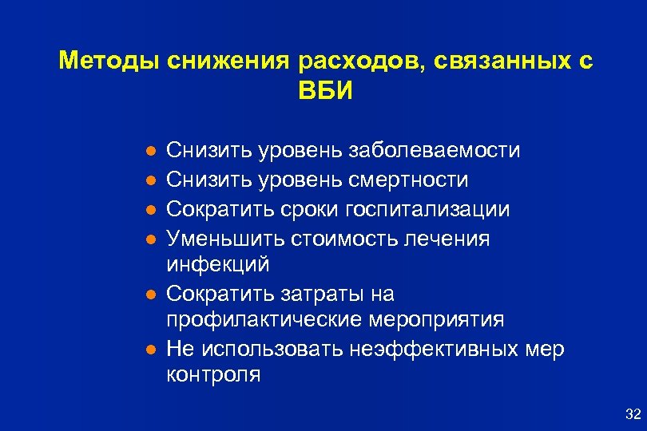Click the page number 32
click(633, 413)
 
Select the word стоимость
click(327, 239)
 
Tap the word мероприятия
click(438, 319)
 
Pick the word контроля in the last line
click(213, 374)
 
